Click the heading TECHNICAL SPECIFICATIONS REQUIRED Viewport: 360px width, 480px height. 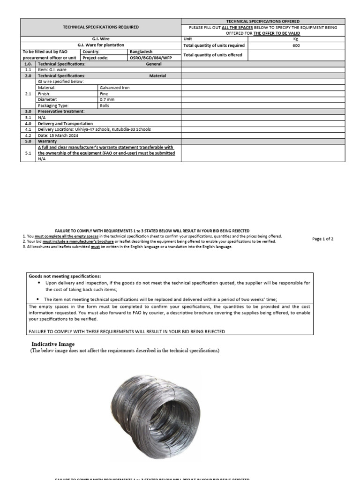click(101, 27)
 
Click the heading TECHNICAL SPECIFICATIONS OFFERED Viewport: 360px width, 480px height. click(262, 21)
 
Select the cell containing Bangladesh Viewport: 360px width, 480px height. click(141, 52)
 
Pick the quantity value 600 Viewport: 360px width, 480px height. click(296, 46)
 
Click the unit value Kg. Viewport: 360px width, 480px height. click(296, 39)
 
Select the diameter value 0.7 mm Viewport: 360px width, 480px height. click(107, 99)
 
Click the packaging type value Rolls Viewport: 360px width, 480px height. click(104, 105)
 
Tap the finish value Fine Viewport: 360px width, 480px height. click(104, 93)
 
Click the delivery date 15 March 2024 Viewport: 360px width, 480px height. click(58, 135)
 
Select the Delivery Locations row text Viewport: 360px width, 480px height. click(87, 129)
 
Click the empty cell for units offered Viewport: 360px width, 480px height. click(296, 55)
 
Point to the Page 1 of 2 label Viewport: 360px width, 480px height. click(322, 239)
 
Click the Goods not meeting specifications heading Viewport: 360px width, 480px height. click(65, 276)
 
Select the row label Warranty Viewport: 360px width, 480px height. click(47, 141)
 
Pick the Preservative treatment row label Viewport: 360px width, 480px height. click(61, 112)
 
